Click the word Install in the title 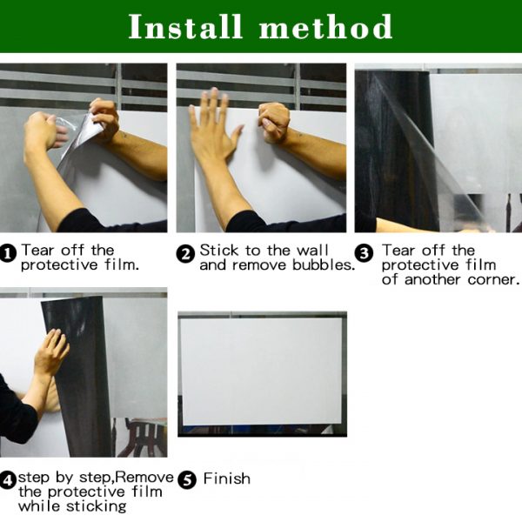click(x=184, y=27)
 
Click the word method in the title click(x=326, y=27)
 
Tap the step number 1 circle click(x=8, y=254)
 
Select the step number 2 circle click(x=185, y=254)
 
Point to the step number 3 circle click(x=364, y=254)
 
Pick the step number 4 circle click(x=8, y=481)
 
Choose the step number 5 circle click(x=187, y=481)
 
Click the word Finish click(x=227, y=478)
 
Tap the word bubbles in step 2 click(x=322, y=265)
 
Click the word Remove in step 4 click(x=144, y=478)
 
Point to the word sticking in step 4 click(x=97, y=506)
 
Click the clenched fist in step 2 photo click(x=273, y=122)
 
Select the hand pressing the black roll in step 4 click(x=51, y=352)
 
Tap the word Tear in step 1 click(x=37, y=251)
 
